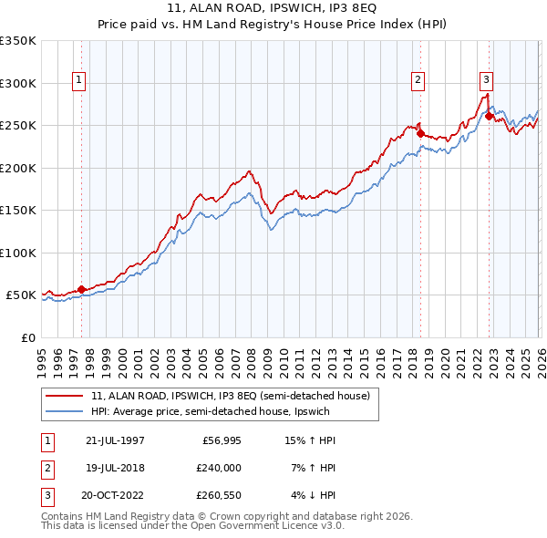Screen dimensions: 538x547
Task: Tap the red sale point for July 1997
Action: pos(81,289)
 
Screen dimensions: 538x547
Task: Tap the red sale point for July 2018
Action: pos(420,133)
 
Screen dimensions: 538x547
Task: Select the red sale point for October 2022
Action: pos(490,116)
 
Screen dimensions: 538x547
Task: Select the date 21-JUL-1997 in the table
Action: pos(115,440)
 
